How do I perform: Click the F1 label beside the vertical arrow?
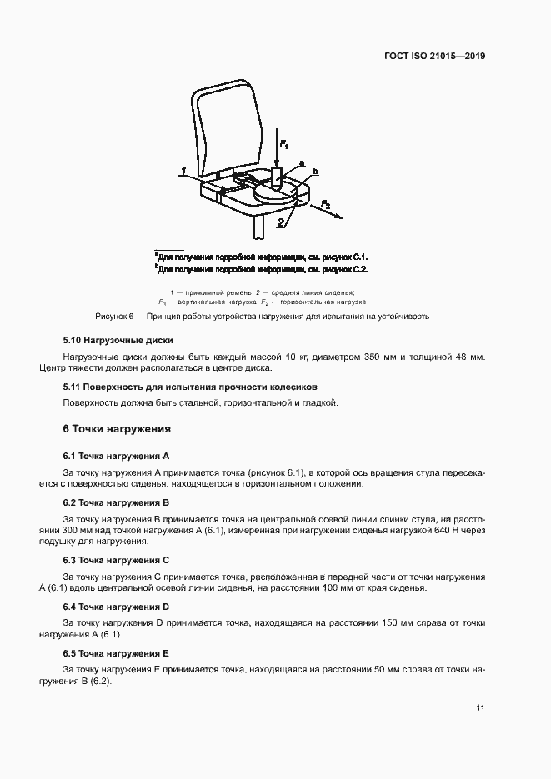point(283,144)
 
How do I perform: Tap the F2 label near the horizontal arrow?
point(326,203)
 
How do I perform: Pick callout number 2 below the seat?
point(282,222)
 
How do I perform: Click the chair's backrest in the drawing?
point(220,126)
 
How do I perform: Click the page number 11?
point(481,708)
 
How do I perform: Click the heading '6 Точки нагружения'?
point(117,429)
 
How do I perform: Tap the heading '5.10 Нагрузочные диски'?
point(118,341)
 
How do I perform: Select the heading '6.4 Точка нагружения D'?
point(117,607)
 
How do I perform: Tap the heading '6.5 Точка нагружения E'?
point(117,653)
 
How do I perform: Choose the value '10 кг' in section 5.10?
point(288,357)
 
